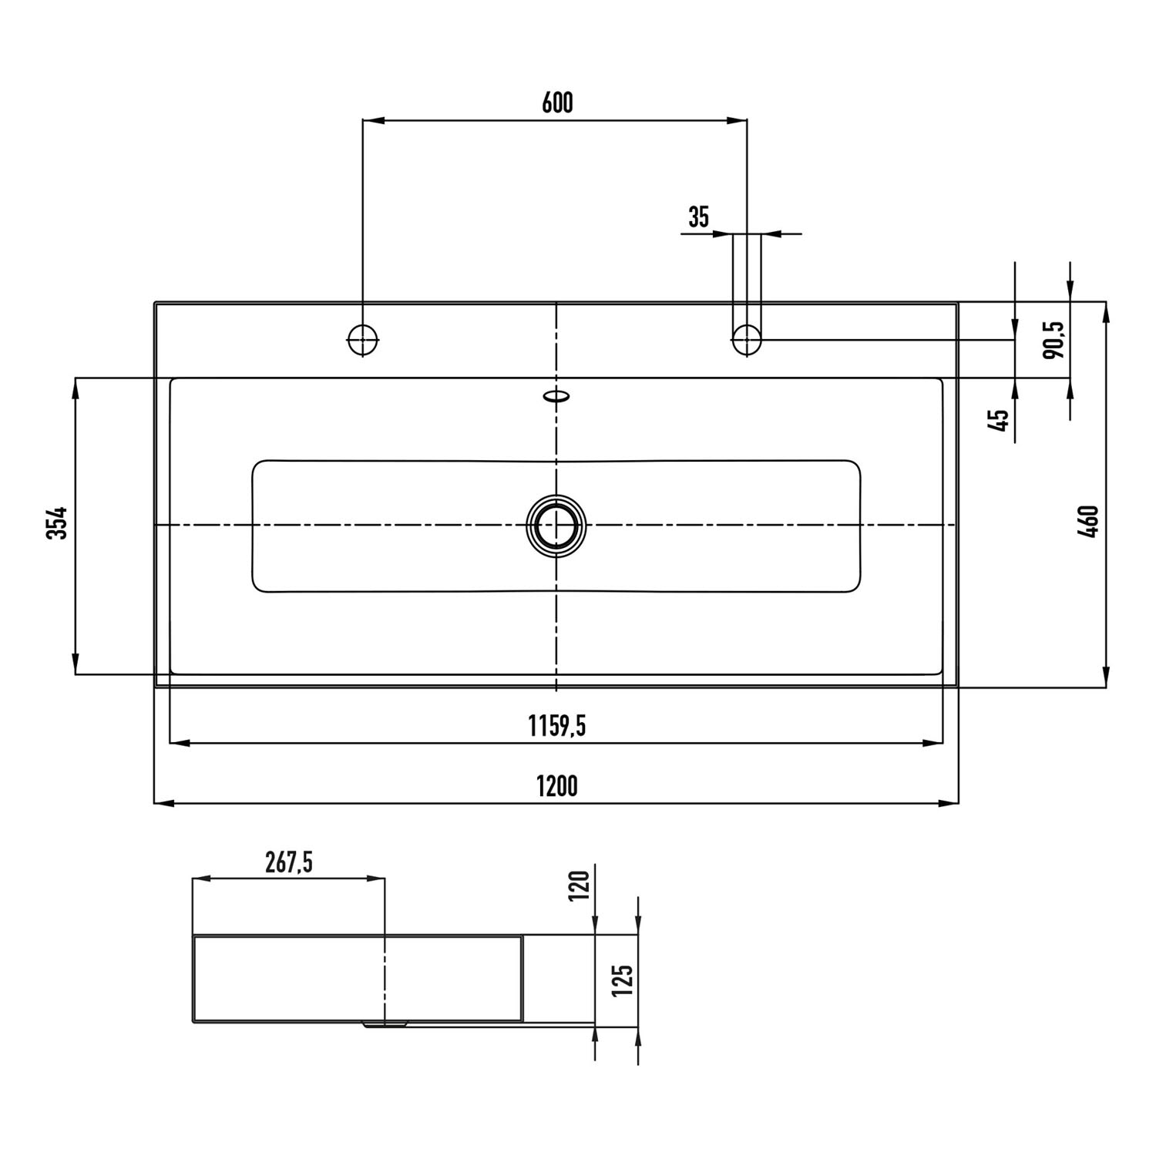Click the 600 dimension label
click(557, 103)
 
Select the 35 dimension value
click(698, 218)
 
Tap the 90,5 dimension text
click(1054, 340)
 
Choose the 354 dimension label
click(59, 523)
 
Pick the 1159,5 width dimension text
click(556, 725)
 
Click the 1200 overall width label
click(556, 786)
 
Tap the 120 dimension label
click(580, 885)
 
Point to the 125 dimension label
click(623, 980)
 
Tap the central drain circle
click(556, 525)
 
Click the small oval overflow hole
click(556, 396)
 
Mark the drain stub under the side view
click(385, 1025)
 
